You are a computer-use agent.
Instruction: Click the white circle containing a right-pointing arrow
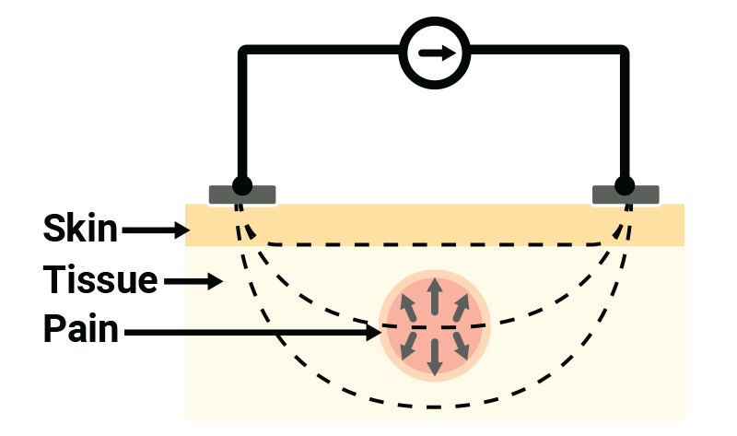[x=435, y=53]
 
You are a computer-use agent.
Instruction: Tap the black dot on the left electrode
[x=242, y=185]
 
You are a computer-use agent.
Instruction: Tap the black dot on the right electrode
[x=625, y=185]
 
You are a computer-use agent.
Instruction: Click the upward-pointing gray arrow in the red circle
[x=435, y=295]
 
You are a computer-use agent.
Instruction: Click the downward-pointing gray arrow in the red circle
[x=435, y=357]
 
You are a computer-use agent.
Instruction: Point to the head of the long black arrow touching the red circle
[x=375, y=332]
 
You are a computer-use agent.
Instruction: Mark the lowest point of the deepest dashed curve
[x=433, y=407]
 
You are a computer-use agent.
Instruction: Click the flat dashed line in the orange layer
[x=433, y=244]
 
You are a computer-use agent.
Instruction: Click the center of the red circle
[x=435, y=325]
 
